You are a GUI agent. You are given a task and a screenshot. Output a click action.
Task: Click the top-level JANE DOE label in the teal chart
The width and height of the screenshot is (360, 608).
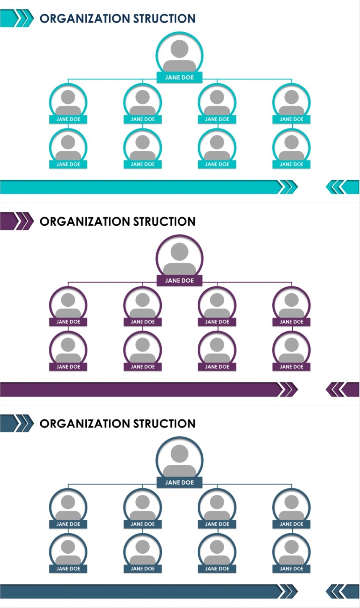pyautogui.click(x=179, y=78)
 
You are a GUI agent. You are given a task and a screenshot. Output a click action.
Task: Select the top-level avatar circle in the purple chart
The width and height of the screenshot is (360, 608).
pyautogui.click(x=179, y=256)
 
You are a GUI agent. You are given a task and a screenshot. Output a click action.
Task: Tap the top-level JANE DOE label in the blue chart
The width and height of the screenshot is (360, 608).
pyautogui.click(x=179, y=483)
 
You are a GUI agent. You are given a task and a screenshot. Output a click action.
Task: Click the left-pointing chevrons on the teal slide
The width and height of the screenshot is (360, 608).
pyautogui.click(x=341, y=187)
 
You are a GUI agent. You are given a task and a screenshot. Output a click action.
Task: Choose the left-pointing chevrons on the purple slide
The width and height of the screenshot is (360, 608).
pyautogui.click(x=341, y=389)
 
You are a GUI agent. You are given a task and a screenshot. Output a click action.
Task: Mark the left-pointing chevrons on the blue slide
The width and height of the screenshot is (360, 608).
pyautogui.click(x=341, y=592)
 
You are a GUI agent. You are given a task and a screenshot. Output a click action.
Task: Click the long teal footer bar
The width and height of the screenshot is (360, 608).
pyautogui.click(x=141, y=187)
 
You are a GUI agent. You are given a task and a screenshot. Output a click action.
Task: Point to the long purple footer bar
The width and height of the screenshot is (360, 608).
pyautogui.click(x=141, y=389)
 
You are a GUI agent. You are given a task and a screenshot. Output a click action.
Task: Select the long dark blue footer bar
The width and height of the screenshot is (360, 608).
pyautogui.click(x=141, y=592)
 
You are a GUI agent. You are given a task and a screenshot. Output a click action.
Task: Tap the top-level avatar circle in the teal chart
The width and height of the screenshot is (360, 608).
pyautogui.click(x=179, y=53)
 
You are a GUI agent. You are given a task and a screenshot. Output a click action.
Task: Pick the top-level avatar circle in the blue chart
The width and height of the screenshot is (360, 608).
pyautogui.click(x=179, y=459)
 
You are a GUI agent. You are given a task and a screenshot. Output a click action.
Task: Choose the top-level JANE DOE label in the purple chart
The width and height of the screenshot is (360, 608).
pyautogui.click(x=179, y=280)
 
